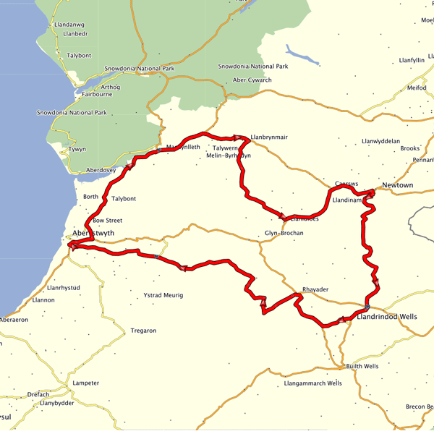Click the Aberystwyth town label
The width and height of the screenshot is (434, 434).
tap(93, 234)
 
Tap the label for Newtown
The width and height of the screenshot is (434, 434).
tap(398, 186)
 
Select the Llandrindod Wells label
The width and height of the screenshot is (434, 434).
tap(387, 317)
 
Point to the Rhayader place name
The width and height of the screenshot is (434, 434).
tap(315, 290)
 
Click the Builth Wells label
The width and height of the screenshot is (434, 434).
tap(361, 367)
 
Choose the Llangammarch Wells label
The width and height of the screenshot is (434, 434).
tap(313, 383)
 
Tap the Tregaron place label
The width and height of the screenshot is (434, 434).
tap(143, 331)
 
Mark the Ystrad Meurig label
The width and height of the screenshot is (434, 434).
tap(163, 295)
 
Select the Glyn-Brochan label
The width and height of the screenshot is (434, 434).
tap(284, 234)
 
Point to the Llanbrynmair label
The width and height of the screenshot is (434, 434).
tap(268, 137)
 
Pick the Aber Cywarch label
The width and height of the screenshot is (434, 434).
tap(252, 80)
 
